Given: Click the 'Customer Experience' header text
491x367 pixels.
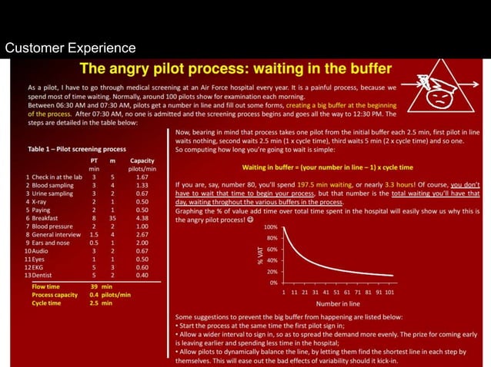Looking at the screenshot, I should point(70,49).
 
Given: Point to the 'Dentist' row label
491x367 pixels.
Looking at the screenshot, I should point(44,274).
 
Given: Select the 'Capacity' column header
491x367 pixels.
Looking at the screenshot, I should point(142,160).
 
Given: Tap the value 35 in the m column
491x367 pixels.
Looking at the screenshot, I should point(112,217).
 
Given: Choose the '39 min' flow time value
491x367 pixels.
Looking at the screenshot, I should point(101,286).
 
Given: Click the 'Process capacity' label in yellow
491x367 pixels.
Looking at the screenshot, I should point(55,294).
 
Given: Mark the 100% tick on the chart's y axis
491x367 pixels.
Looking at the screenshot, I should point(270,227).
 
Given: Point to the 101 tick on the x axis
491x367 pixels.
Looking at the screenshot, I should point(389,293).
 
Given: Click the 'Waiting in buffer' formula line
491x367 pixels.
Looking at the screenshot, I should point(327,167).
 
